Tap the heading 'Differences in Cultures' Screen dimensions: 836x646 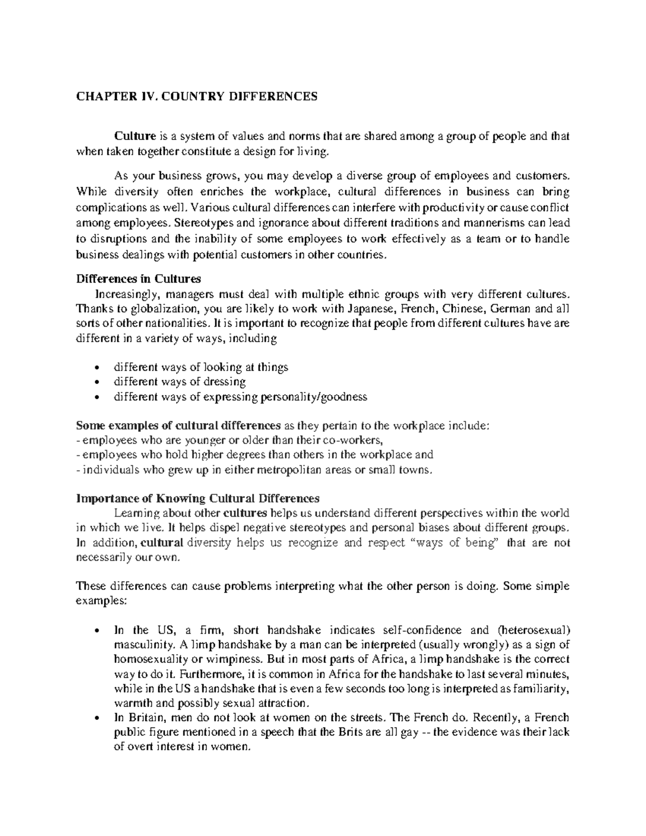point(138,279)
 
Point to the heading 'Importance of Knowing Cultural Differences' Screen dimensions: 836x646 point(198,498)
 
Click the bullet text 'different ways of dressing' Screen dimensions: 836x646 point(180,382)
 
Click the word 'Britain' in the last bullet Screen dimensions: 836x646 point(142,718)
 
